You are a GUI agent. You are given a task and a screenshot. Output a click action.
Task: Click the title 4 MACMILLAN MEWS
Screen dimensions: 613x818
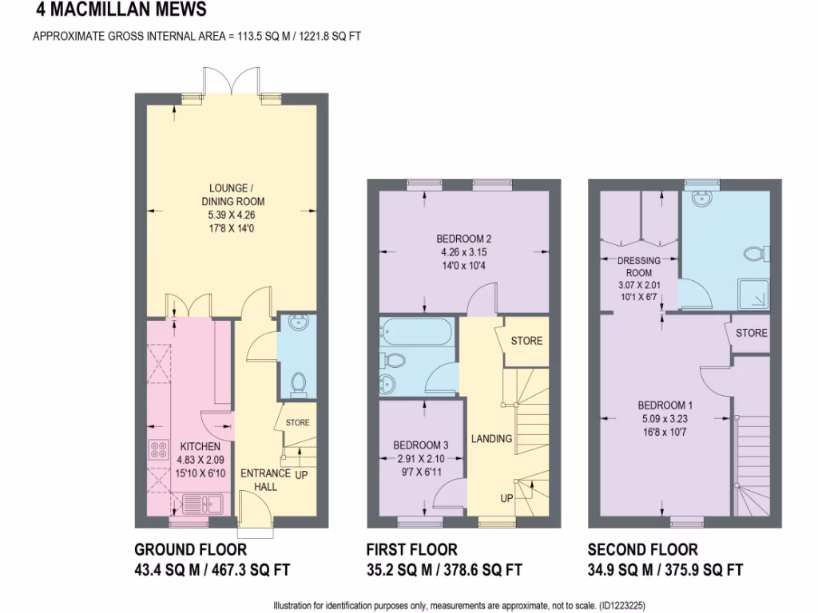pos(121,10)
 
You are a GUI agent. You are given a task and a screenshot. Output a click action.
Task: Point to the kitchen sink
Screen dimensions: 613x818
pos(204,504)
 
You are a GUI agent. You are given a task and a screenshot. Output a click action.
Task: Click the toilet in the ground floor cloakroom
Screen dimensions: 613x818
pos(298,384)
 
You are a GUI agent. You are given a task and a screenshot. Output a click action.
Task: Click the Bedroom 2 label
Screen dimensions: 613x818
pos(463,239)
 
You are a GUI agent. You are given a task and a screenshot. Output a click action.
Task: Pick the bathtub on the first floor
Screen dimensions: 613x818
pos(417,330)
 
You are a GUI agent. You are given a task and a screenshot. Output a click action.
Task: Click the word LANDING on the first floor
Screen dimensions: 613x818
pos(491,439)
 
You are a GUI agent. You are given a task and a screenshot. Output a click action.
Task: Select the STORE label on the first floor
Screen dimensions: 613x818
pos(526,341)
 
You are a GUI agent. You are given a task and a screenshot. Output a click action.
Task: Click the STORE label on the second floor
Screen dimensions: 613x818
pos(751,333)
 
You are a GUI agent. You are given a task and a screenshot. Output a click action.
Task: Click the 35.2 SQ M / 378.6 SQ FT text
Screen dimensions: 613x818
pos(444,570)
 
